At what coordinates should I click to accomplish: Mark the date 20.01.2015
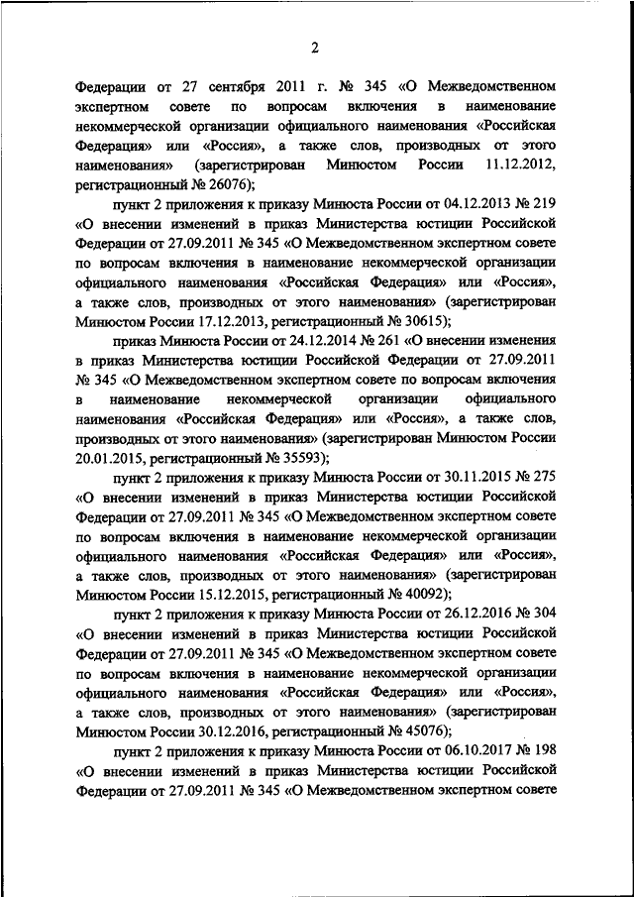[x=110, y=456]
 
